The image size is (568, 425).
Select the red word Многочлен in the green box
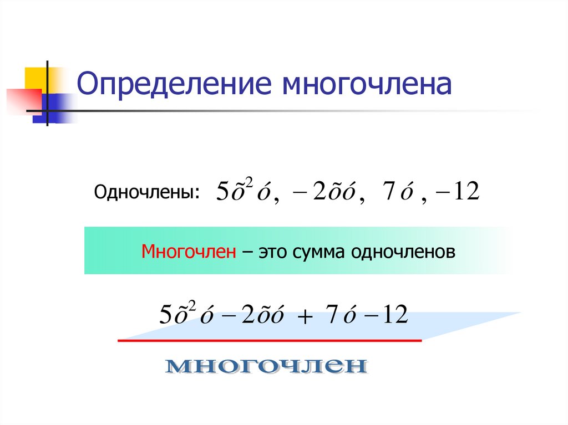189,252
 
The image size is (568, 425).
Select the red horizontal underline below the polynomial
270,341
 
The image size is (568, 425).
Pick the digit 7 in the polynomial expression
332,315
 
